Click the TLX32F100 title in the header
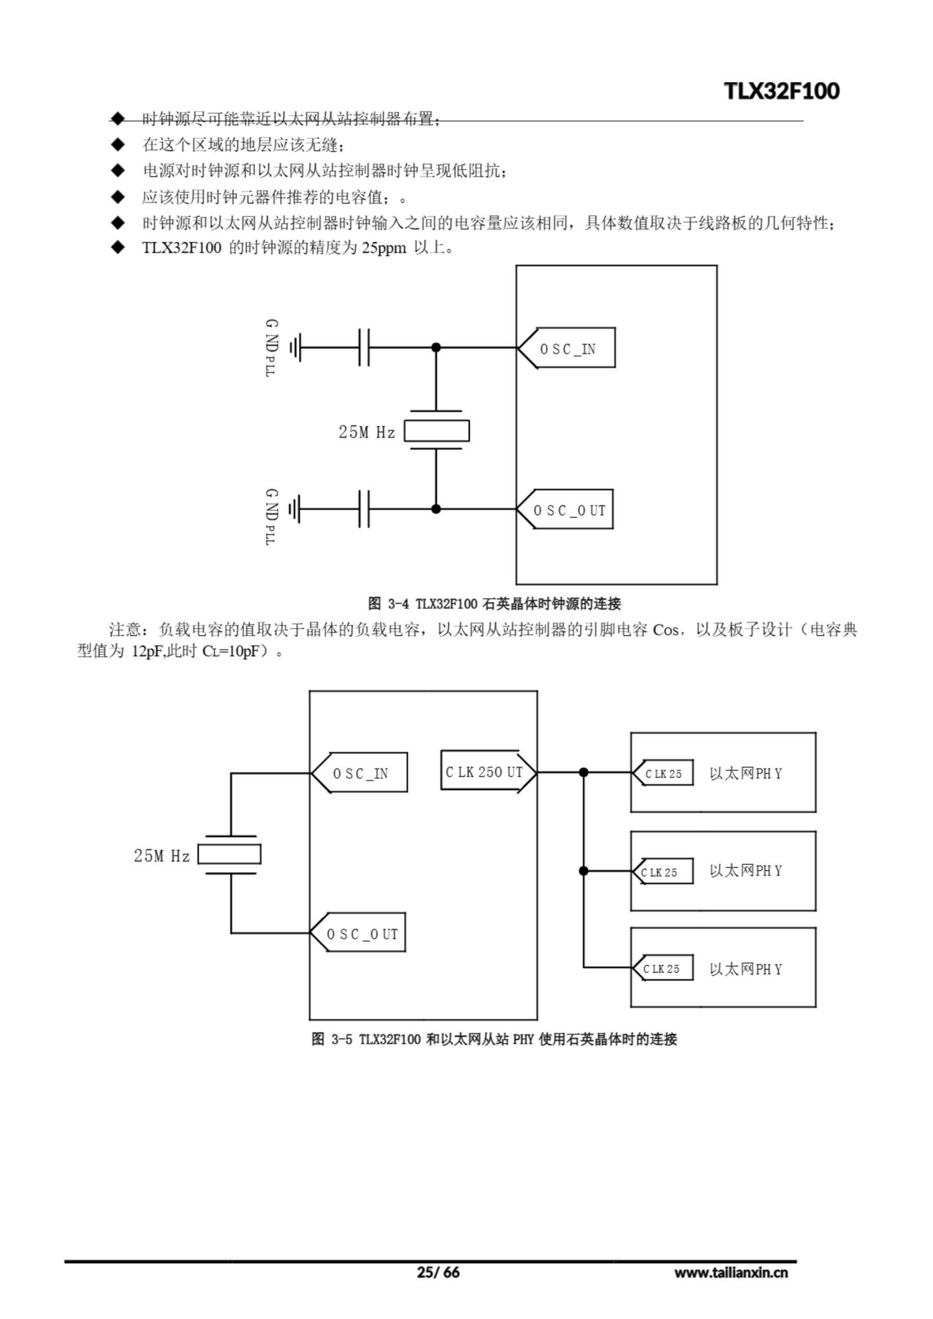click(x=782, y=91)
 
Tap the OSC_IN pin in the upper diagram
click(x=567, y=348)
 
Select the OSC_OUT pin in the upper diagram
click(x=566, y=510)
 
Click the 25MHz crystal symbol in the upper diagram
click(x=437, y=431)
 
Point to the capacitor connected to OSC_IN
click(x=364, y=348)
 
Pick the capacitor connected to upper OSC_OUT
click(x=364, y=509)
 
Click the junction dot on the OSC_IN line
click(x=436, y=348)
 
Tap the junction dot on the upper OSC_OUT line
click(x=436, y=509)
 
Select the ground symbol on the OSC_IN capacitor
click(x=295, y=348)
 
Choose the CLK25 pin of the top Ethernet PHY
click(x=664, y=773)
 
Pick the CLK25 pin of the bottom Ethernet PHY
click(x=663, y=969)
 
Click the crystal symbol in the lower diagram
click(x=230, y=854)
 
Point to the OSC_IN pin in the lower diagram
click(x=360, y=773)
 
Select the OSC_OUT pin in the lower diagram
click(x=359, y=934)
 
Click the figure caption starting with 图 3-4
click(x=494, y=604)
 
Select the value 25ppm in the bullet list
click(x=384, y=248)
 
